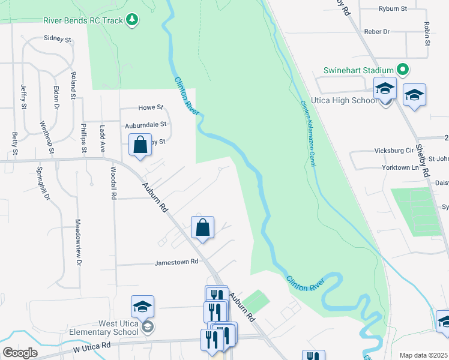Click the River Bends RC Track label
(83, 20)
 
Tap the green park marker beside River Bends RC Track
(131, 20)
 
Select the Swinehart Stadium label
(358, 70)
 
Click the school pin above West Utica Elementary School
(143, 307)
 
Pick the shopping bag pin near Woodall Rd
(140, 145)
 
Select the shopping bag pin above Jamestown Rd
(203, 227)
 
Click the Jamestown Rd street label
(176, 262)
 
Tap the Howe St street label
(151, 107)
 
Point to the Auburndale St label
(145, 125)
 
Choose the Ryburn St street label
(393, 9)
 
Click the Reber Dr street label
(378, 31)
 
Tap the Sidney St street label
(58, 38)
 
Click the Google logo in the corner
(20, 352)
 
